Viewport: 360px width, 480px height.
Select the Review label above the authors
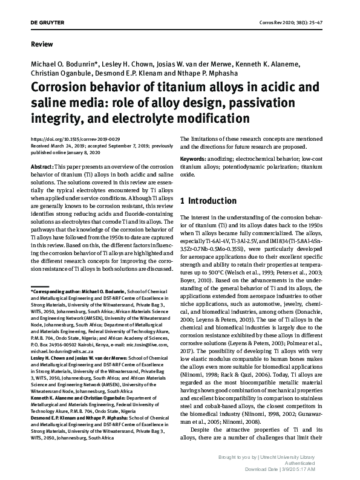click(x=41, y=45)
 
